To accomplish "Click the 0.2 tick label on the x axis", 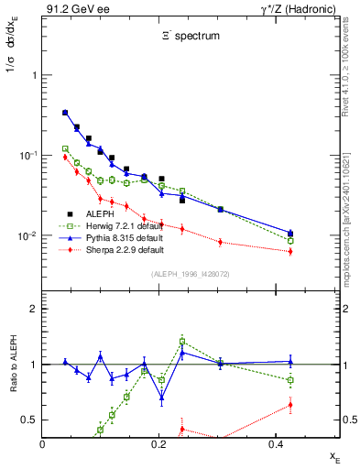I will pyautogui.click(x=158, y=444).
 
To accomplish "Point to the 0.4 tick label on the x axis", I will pyautogui.click(x=273, y=444).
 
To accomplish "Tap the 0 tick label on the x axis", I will pyautogui.click(x=43, y=444).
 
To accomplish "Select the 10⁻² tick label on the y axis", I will pyautogui.click(x=27, y=236).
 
